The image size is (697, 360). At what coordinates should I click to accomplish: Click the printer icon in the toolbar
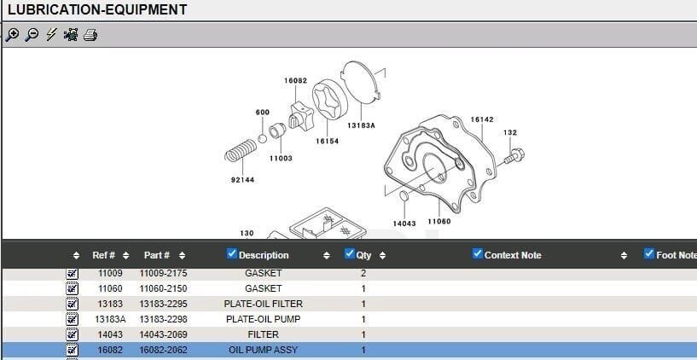(90, 35)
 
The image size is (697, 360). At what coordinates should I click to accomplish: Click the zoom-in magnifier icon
(11, 35)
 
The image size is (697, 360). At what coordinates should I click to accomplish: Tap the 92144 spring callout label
(242, 180)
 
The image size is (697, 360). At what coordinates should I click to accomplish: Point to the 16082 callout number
(295, 80)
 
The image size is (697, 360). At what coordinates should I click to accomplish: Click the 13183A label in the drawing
(361, 125)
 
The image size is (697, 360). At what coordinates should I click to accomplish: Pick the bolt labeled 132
(514, 156)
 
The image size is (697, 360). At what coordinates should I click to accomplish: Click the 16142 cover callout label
(482, 119)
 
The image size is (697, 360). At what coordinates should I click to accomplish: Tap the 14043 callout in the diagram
(404, 224)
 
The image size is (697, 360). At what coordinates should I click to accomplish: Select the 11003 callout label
(281, 158)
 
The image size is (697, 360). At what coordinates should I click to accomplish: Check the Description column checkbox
(233, 253)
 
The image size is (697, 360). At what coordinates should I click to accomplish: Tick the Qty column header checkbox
(350, 253)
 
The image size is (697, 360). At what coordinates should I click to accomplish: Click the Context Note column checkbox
(478, 253)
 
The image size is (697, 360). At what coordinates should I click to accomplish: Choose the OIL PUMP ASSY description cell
(263, 350)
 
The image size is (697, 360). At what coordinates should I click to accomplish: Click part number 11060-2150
(163, 288)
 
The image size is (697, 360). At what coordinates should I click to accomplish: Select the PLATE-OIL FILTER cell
(263, 304)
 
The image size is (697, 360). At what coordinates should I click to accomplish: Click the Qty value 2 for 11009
(363, 273)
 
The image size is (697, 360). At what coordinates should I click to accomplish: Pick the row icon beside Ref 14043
(73, 334)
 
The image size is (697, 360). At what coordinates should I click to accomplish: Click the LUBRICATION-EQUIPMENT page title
(97, 10)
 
